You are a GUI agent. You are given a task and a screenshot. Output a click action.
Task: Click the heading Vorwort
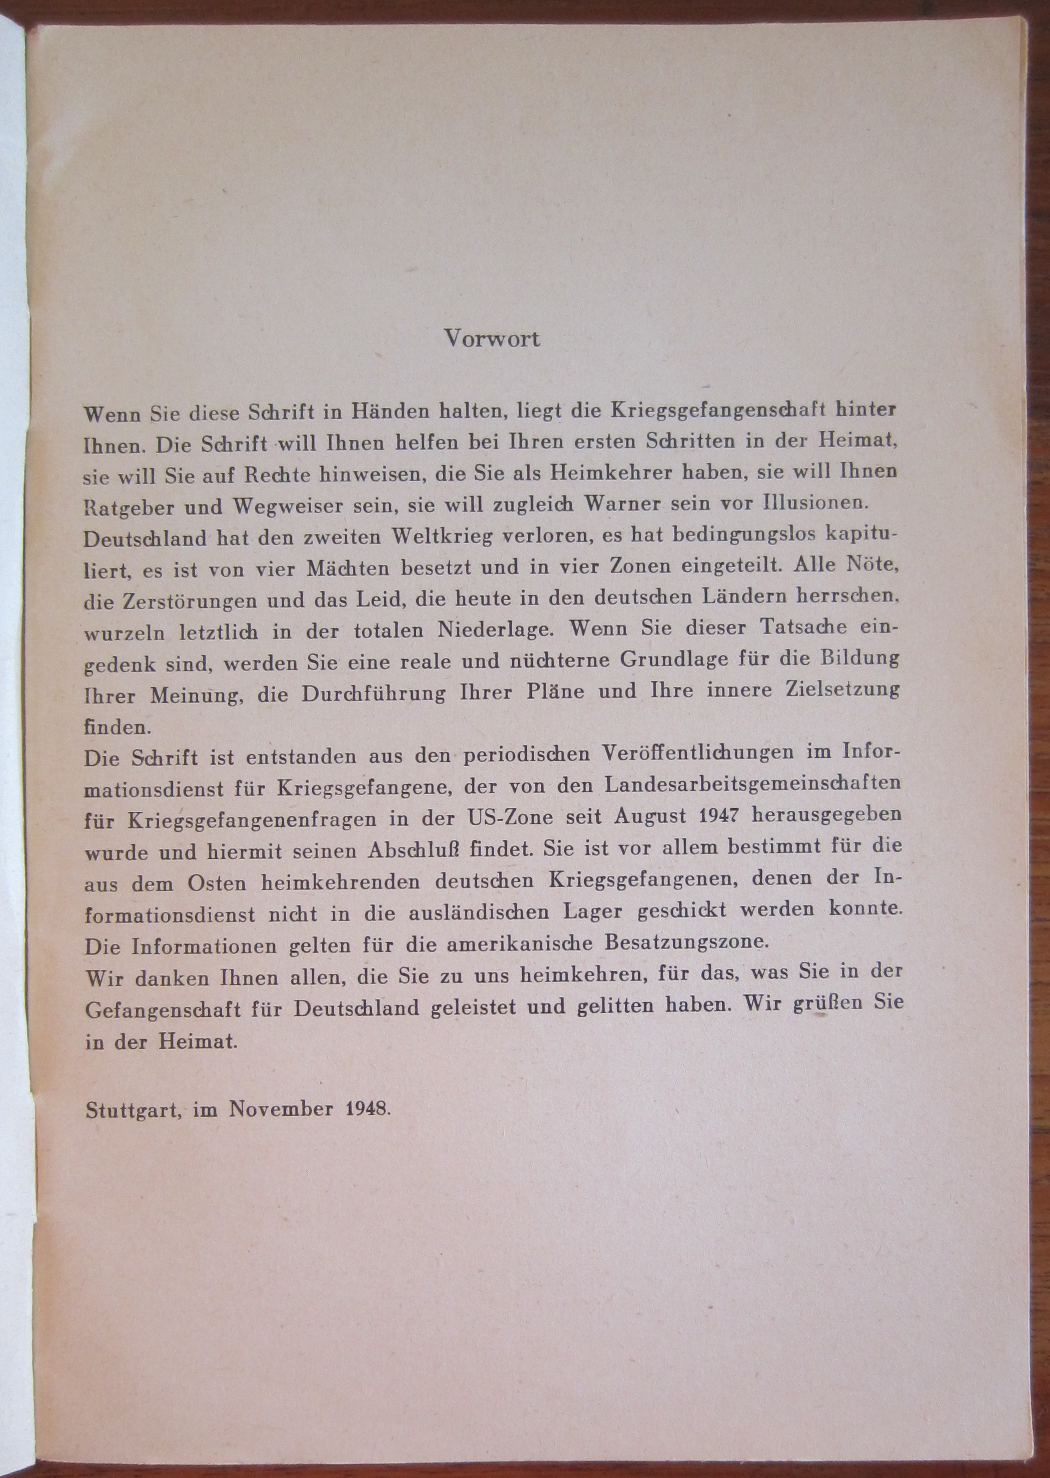pyautogui.click(x=492, y=339)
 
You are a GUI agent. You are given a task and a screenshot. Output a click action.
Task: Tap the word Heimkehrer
pyautogui.click(x=610, y=473)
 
